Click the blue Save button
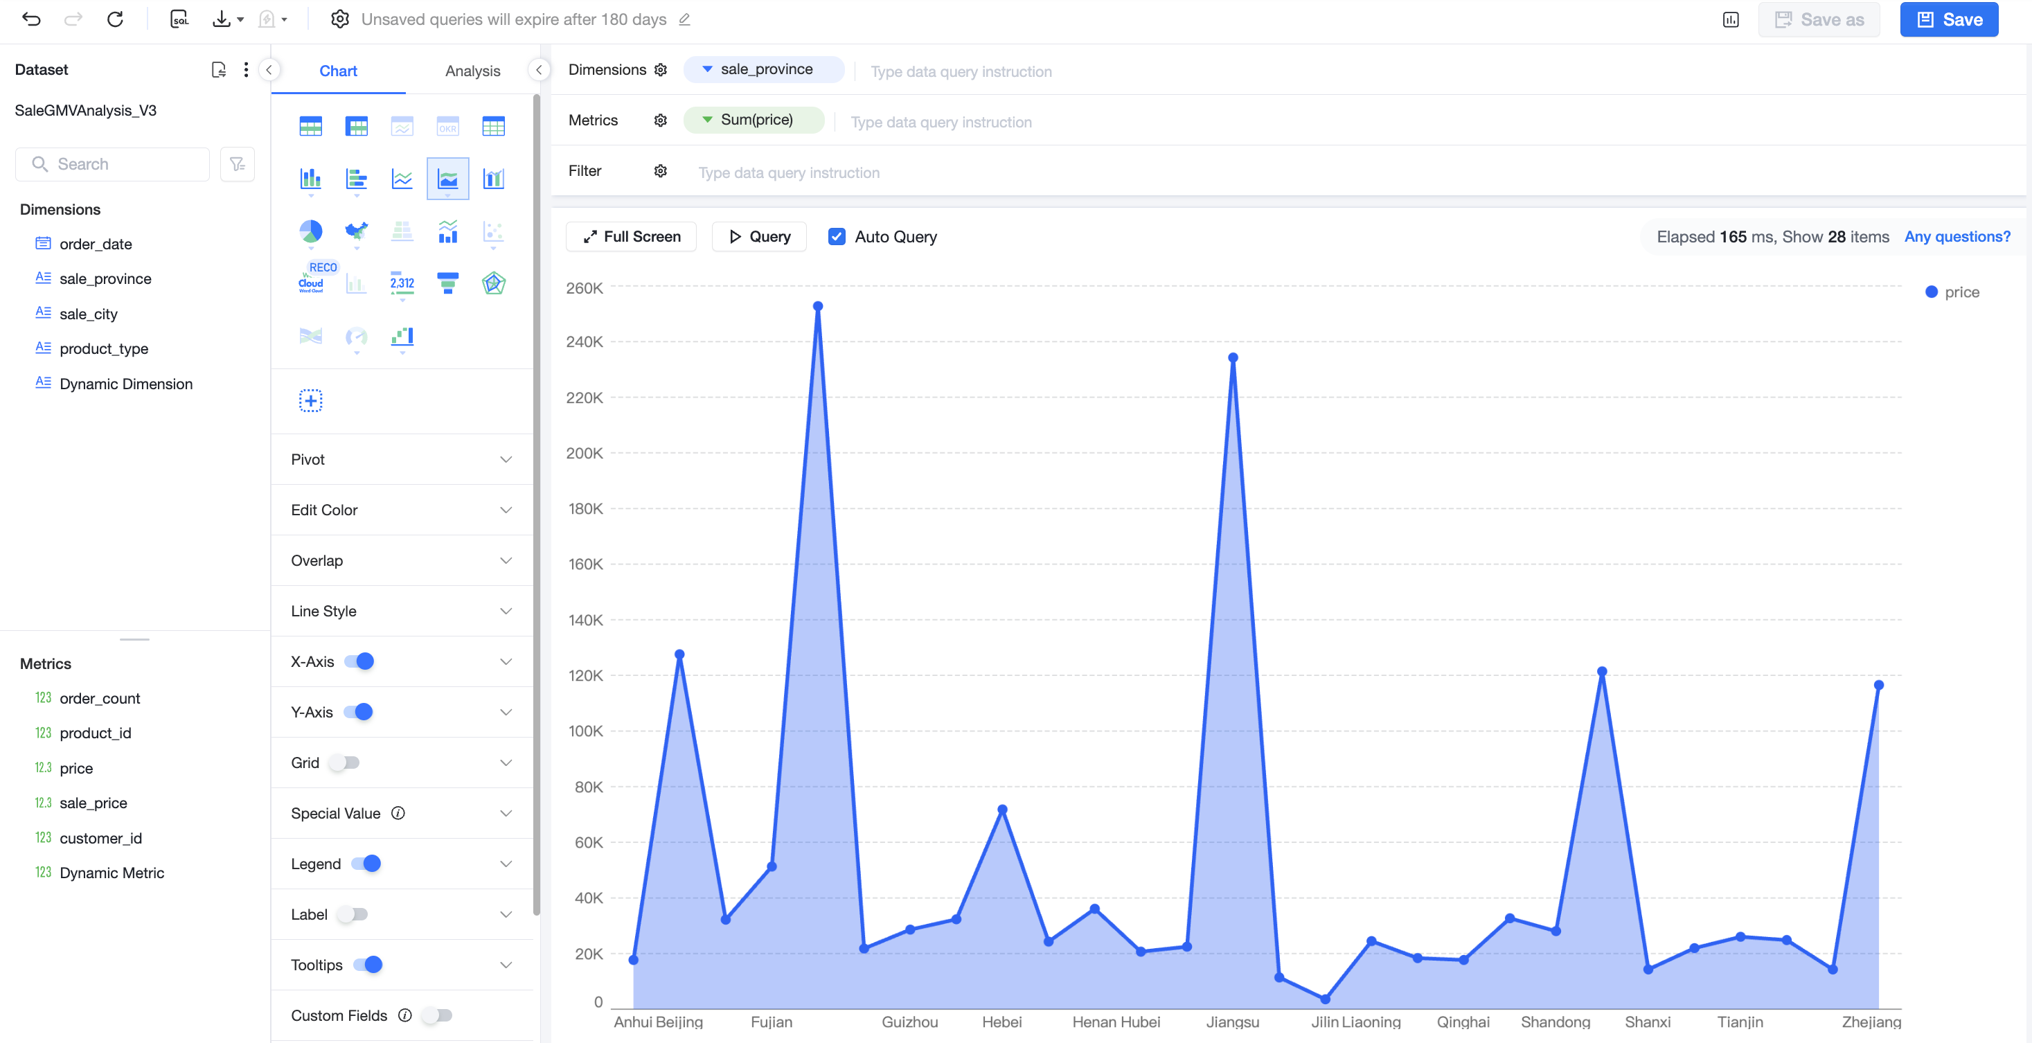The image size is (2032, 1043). (x=1948, y=19)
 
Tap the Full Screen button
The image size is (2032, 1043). (x=631, y=237)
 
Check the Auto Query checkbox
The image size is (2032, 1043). (x=837, y=237)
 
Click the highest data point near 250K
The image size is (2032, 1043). (x=818, y=306)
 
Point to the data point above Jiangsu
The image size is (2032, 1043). (x=1233, y=357)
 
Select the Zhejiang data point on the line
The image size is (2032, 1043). (x=1879, y=685)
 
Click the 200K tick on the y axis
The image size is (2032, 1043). (x=585, y=453)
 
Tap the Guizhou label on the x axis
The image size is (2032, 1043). (x=909, y=1022)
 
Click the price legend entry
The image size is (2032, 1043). (x=1952, y=292)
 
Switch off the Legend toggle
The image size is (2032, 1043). (x=366, y=864)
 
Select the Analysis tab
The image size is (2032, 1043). (x=472, y=71)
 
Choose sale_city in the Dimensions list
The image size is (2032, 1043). (x=89, y=314)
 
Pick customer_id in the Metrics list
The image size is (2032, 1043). (x=100, y=838)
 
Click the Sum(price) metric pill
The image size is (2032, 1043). (x=754, y=120)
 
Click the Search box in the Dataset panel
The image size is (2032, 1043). (x=113, y=164)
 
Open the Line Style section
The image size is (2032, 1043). (x=402, y=612)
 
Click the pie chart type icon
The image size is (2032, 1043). (x=311, y=231)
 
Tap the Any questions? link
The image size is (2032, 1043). (x=1957, y=237)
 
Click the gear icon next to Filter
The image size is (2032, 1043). (x=660, y=171)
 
